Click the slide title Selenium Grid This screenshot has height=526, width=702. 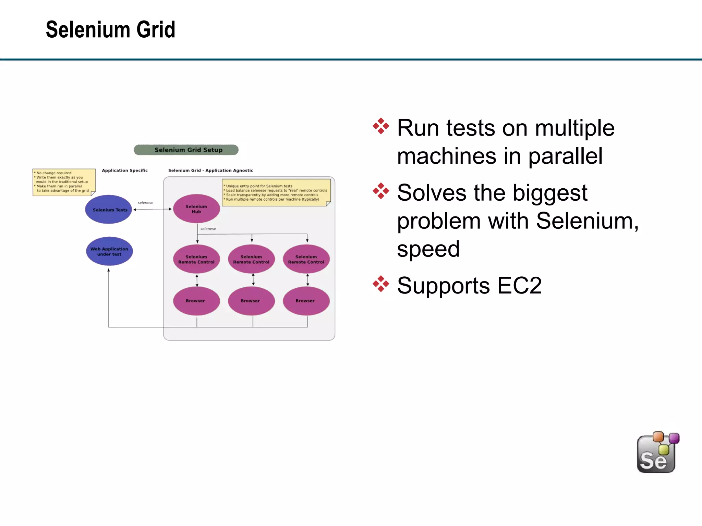point(110,30)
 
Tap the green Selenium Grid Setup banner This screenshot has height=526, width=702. point(186,150)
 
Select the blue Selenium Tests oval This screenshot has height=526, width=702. point(109,209)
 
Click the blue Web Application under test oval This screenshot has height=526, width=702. point(109,251)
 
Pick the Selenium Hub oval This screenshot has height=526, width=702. point(196,209)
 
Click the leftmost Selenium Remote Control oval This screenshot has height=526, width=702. point(196,259)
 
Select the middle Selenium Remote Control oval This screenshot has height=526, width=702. point(251,259)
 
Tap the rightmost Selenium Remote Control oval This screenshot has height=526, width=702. point(306,259)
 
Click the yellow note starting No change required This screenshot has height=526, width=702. point(64,182)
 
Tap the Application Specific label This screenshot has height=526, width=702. point(125,170)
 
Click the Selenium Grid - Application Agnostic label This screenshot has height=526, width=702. point(210,170)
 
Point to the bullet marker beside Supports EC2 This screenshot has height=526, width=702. point(381,284)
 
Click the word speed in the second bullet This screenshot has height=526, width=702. point(428,249)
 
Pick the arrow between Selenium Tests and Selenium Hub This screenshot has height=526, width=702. point(152,209)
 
